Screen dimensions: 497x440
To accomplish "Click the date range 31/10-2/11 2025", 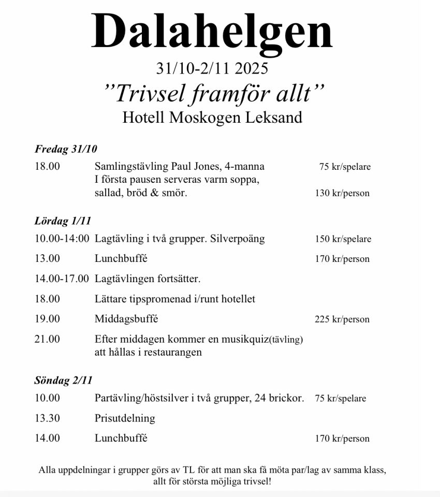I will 212,68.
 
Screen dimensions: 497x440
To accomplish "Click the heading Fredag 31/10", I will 66,149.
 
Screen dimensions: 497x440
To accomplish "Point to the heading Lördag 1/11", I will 63,221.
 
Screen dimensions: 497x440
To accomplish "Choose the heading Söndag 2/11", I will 63,381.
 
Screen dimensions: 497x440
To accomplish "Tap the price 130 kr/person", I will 342,194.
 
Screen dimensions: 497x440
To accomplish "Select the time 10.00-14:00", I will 62,239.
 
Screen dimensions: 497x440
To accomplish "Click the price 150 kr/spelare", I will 343,239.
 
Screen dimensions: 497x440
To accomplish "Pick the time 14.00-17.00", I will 62,279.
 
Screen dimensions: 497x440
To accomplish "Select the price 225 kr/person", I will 342,319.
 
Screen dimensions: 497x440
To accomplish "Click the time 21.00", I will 47,340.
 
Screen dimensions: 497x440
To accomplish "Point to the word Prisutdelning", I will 125,418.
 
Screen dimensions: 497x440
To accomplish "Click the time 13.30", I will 47,418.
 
